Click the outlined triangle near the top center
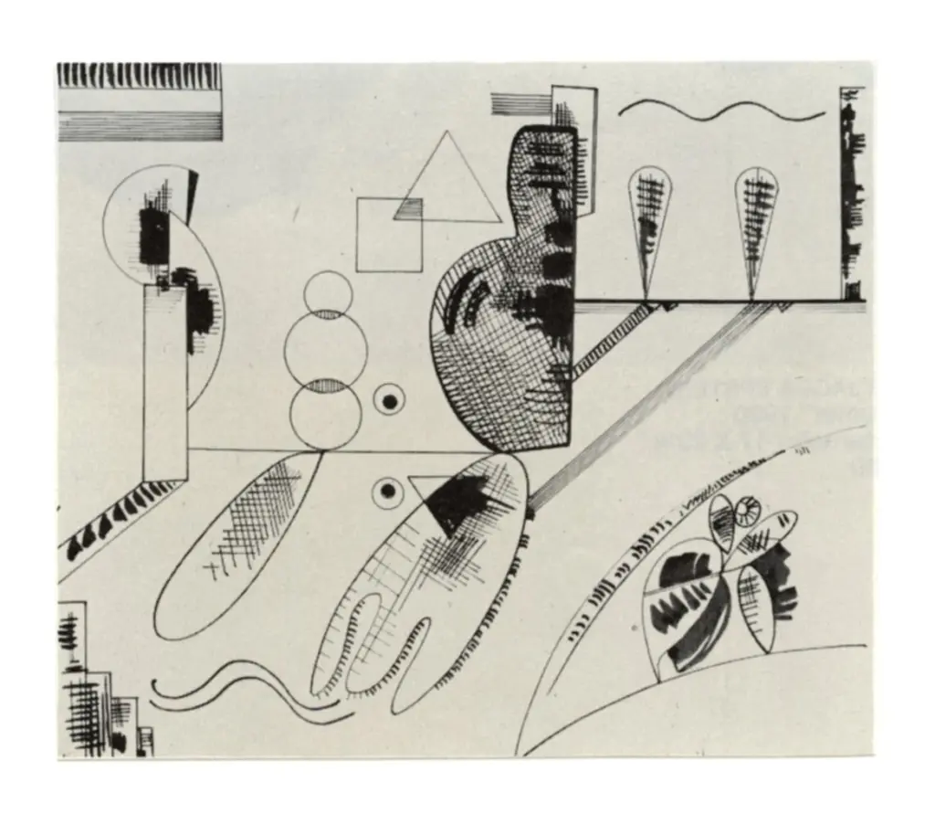(x=446, y=183)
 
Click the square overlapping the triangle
(x=387, y=236)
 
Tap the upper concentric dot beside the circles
(x=390, y=400)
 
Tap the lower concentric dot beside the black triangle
(x=388, y=492)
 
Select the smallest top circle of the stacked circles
(x=328, y=293)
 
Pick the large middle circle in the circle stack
(x=326, y=348)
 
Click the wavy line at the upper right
(x=721, y=111)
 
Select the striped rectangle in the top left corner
(x=139, y=101)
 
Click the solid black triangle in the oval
(x=457, y=502)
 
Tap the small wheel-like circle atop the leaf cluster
(x=749, y=511)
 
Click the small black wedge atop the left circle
(x=193, y=196)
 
